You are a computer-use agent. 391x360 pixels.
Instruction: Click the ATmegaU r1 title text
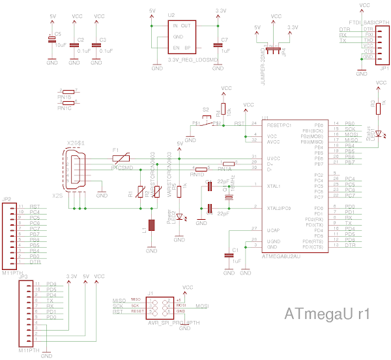point(328,314)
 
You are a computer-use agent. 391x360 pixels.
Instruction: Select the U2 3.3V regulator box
point(182,37)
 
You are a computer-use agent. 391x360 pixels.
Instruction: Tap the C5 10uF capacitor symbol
point(52,40)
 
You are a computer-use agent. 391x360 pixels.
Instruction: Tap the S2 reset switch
point(207,121)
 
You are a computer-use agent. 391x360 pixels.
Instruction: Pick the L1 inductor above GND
point(152,226)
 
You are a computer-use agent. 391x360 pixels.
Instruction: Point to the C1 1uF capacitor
point(229,256)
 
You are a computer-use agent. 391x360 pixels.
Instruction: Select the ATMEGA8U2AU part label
point(280,257)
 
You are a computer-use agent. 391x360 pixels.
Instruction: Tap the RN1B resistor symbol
point(68,91)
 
